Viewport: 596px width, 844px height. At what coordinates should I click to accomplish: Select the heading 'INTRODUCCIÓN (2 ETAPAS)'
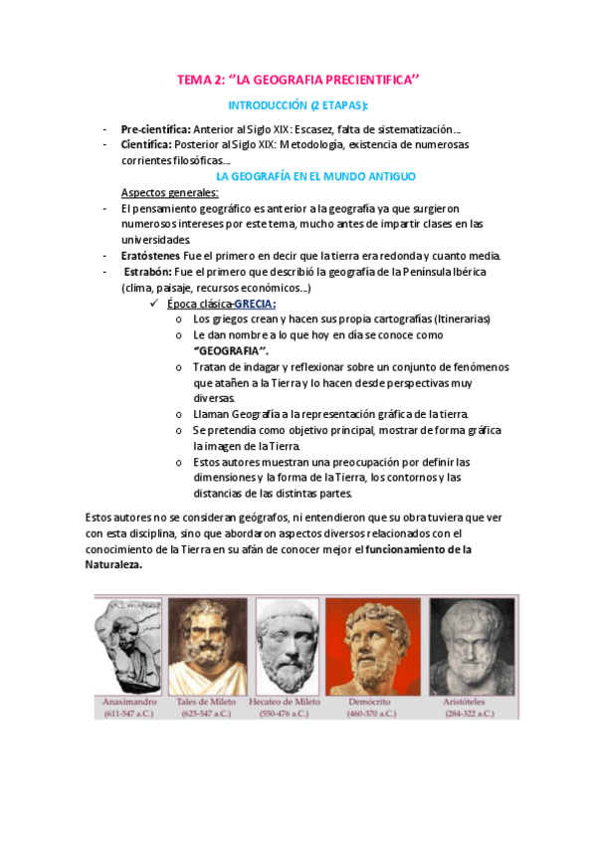click(x=298, y=105)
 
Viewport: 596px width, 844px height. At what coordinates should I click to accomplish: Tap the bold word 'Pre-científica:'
click(x=156, y=129)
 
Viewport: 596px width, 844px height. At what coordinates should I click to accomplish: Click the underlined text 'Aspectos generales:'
click(x=170, y=192)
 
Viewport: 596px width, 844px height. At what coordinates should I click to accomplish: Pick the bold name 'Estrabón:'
click(x=147, y=272)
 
